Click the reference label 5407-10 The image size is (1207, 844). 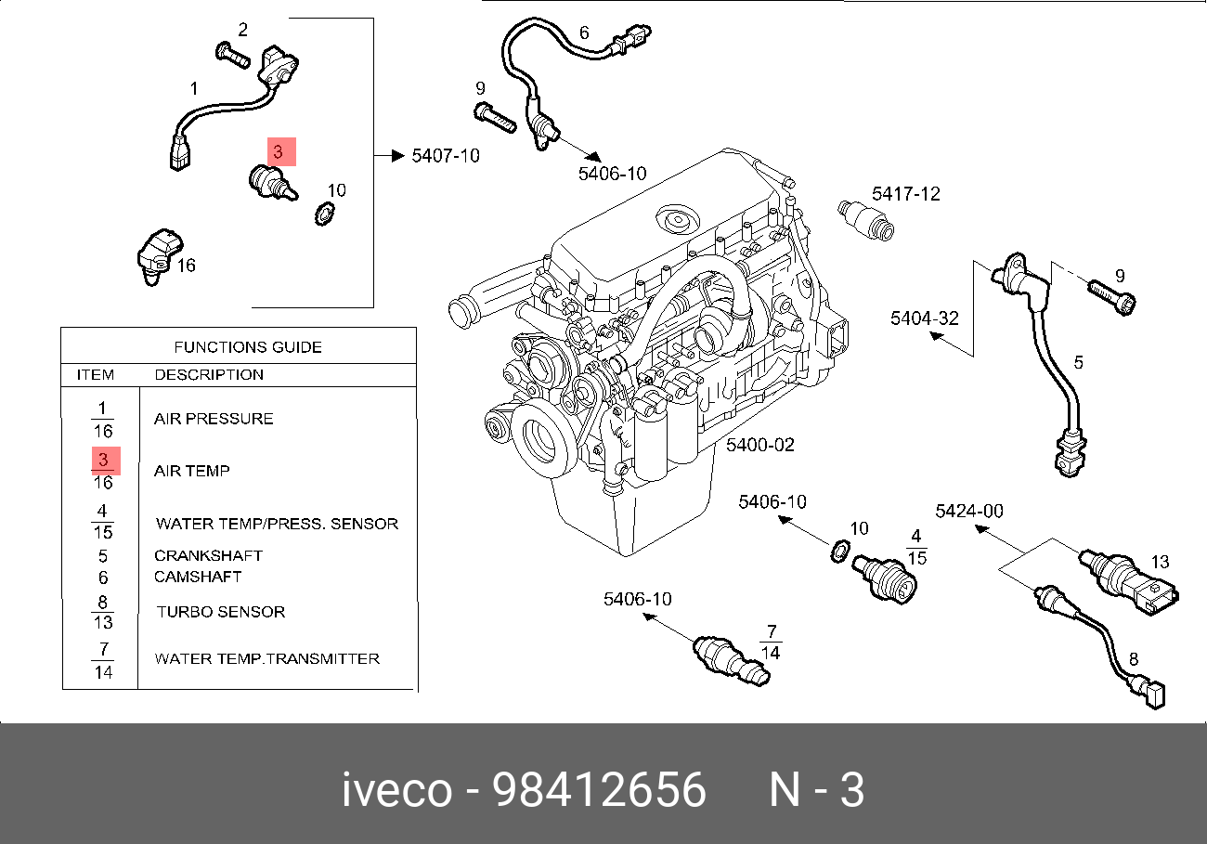coord(446,156)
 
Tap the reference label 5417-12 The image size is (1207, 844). coord(905,194)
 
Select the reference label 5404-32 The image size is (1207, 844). coord(924,318)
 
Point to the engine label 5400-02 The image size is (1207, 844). coord(760,445)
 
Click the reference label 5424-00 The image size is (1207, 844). coord(968,511)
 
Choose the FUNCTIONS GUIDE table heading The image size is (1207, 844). coord(248,347)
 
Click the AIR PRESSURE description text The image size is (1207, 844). coord(214,419)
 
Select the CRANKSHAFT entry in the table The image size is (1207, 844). coord(208,556)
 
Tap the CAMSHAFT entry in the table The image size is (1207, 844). coord(198,577)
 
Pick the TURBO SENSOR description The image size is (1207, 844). coord(221,612)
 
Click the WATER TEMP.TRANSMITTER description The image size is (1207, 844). coord(266,658)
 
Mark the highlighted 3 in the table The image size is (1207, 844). coord(105,460)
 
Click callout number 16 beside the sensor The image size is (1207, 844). coord(186,266)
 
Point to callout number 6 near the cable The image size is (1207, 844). coord(584,32)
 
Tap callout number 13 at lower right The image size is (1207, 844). coord(1160,562)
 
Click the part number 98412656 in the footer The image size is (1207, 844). coord(599,791)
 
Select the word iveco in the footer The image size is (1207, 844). coord(396,791)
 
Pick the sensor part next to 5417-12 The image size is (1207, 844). coord(864,218)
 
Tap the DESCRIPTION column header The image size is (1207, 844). coord(209,375)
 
